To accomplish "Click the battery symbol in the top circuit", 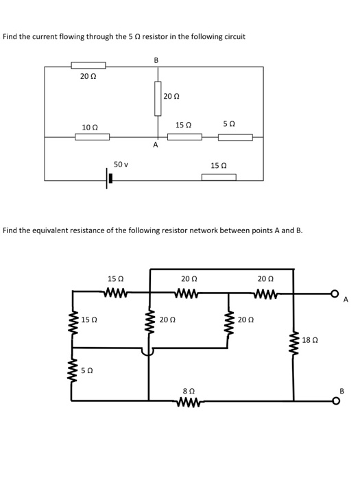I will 108,180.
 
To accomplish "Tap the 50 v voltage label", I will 121,165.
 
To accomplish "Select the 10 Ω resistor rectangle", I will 92,136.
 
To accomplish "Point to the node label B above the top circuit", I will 156,60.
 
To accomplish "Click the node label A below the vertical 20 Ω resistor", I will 156,145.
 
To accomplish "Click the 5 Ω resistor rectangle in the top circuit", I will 235,136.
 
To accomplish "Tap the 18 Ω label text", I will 309,339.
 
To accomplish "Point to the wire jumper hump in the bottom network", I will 148,350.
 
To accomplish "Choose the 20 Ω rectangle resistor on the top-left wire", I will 88,66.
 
